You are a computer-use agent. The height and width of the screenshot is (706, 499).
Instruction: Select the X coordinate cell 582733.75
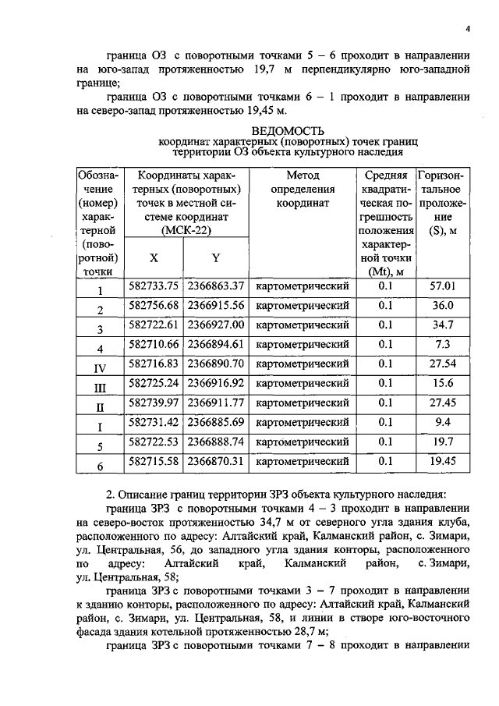(154, 286)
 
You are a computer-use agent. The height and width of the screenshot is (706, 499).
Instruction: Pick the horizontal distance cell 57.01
(443, 286)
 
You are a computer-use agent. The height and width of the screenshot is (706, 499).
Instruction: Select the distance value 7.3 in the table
(443, 344)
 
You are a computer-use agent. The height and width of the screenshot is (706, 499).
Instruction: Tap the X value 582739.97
(154, 403)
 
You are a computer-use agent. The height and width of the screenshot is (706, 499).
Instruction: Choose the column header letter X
(153, 257)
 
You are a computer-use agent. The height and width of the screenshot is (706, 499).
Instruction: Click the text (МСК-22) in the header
(186, 231)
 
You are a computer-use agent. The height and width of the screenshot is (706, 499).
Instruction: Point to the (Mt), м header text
(385, 271)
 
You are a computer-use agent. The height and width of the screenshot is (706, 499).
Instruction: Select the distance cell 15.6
(443, 383)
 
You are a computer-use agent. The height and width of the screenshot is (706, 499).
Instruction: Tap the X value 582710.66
(154, 344)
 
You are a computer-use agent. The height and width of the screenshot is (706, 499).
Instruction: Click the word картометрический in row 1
(302, 286)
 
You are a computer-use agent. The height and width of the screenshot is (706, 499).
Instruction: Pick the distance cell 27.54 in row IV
(443, 364)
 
